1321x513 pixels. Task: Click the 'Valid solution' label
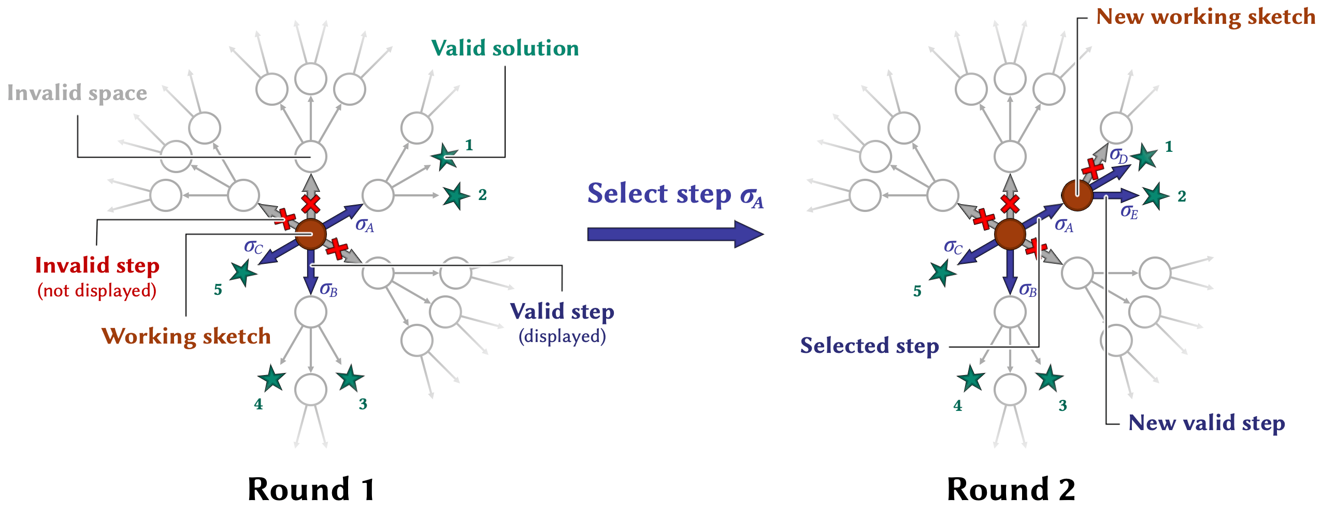(x=505, y=48)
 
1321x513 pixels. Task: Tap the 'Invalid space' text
(x=77, y=93)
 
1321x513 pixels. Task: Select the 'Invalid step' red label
(x=97, y=266)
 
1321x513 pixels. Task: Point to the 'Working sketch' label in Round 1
(x=186, y=336)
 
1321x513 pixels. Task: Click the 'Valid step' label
(x=562, y=312)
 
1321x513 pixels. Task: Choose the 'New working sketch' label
(x=1205, y=17)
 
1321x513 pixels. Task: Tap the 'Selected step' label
(x=869, y=346)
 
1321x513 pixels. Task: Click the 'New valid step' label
(x=1207, y=423)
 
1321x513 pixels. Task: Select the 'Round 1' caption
(x=311, y=489)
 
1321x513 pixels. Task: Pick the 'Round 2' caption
(x=1011, y=489)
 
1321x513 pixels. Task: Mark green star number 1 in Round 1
(x=444, y=156)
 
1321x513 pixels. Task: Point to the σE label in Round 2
(x=1129, y=212)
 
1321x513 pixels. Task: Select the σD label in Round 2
(x=1118, y=155)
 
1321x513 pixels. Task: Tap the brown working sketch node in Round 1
(x=310, y=234)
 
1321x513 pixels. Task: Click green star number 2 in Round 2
(x=1155, y=196)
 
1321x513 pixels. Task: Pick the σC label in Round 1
(x=253, y=247)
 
